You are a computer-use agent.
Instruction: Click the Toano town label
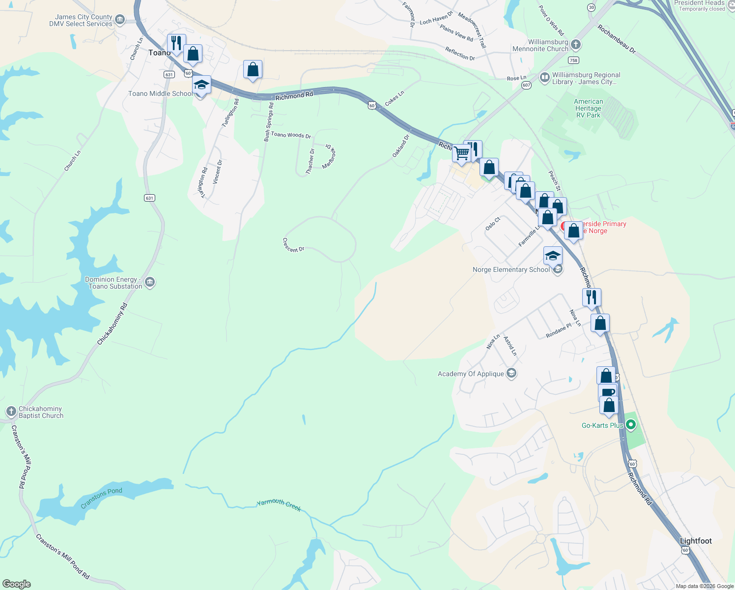159,53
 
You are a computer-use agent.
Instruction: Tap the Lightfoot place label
696,541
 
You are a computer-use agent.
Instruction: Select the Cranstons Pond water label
101,498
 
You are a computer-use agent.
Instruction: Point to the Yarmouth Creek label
279,504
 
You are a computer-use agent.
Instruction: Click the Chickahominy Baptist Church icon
11,412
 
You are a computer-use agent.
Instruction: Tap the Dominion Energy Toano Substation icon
150,282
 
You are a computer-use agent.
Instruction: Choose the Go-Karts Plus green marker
631,425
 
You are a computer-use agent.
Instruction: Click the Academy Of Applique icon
511,373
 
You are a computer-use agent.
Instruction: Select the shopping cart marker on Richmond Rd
461,153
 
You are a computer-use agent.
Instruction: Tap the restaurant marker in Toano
176,43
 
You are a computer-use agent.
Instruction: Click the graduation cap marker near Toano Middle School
201,85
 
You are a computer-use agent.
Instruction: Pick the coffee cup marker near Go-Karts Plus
608,392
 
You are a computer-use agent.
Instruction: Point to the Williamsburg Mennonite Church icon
576,45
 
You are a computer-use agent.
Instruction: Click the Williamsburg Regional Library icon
544,77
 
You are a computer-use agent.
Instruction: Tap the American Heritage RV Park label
588,108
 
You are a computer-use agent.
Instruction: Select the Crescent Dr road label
293,245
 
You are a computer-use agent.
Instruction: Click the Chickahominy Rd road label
112,324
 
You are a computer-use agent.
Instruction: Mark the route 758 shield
573,60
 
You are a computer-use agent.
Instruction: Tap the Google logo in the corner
17,584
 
